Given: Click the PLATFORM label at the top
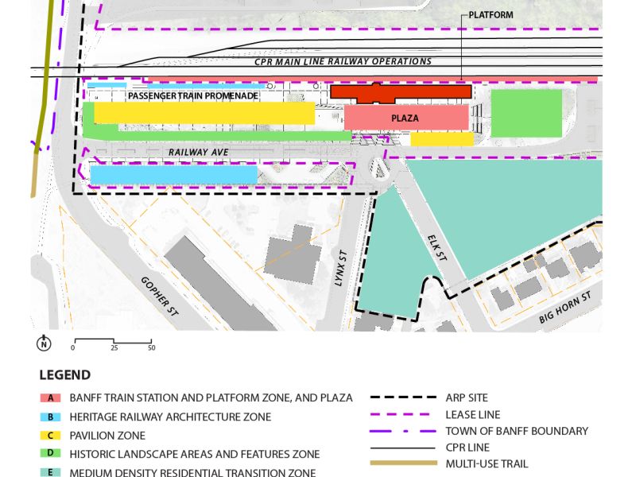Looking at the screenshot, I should (491, 14).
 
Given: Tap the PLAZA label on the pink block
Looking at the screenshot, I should (405, 118).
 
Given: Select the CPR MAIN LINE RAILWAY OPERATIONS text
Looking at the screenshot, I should (343, 61).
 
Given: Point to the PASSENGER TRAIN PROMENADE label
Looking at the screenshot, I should (193, 95).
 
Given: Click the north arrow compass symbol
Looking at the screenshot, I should (44, 343).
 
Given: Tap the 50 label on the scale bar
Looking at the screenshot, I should (151, 348).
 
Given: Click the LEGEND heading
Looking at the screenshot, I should (64, 375).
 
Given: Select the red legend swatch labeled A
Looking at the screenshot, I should (50, 397).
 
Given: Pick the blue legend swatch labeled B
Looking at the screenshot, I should (50, 417).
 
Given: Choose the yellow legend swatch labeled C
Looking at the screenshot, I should (50, 436).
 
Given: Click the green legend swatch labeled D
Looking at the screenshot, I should (50, 455).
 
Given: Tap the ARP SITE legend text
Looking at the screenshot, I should (468, 397).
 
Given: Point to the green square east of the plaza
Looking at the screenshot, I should (526, 112).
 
